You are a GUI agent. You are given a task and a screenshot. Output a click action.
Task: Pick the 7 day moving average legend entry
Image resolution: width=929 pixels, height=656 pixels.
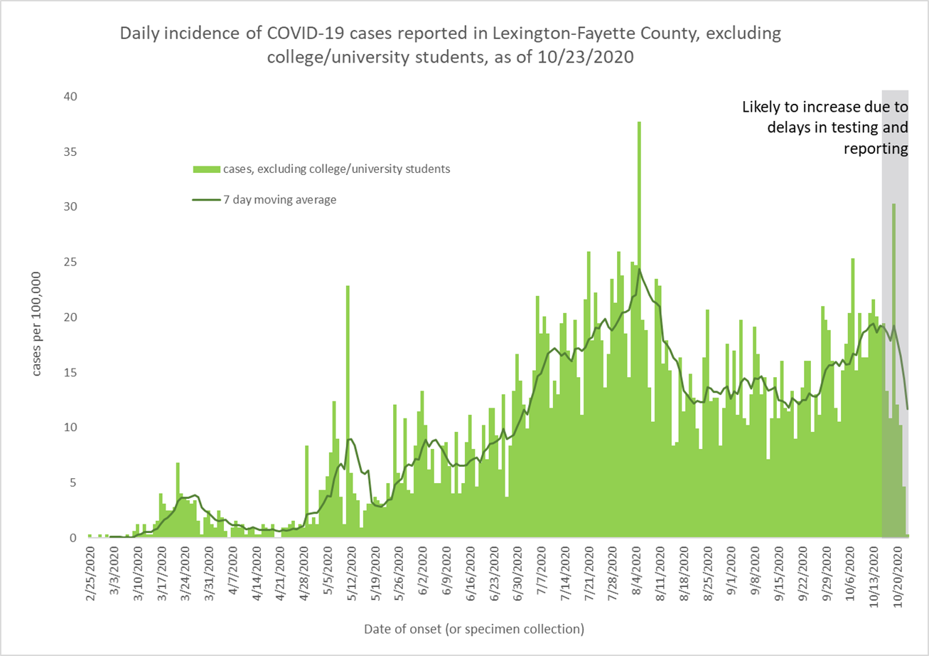click(x=264, y=200)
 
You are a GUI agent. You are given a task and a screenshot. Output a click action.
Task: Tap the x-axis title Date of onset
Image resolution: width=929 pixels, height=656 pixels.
click(x=473, y=629)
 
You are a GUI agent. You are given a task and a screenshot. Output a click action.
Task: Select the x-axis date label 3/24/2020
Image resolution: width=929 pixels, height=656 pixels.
click(x=186, y=575)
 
